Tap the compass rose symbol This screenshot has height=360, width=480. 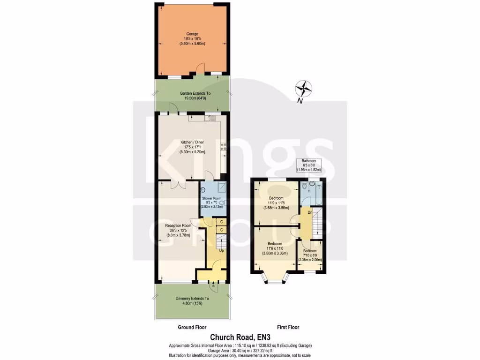coord(305,88)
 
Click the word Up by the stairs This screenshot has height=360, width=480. coord(221,251)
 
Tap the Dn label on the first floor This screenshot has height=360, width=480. coord(309,213)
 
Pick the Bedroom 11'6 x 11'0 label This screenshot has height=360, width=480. coord(275,248)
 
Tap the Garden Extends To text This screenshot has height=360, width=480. coord(192,96)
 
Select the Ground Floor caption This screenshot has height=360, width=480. coord(192,327)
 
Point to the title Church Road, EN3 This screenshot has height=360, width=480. coord(240,337)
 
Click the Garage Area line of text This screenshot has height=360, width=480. coord(240,351)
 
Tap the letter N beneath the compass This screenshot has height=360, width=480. coord(300,101)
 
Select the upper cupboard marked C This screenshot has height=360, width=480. coord(221,222)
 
